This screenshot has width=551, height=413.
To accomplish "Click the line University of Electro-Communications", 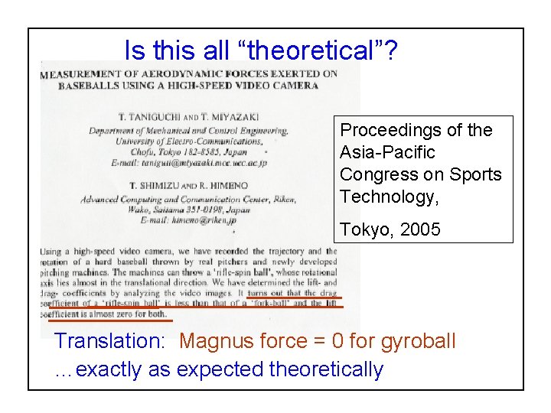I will coord(190,141).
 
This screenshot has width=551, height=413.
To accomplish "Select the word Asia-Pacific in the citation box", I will coord(387,152).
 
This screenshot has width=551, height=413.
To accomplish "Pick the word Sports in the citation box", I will coord(478,174).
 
